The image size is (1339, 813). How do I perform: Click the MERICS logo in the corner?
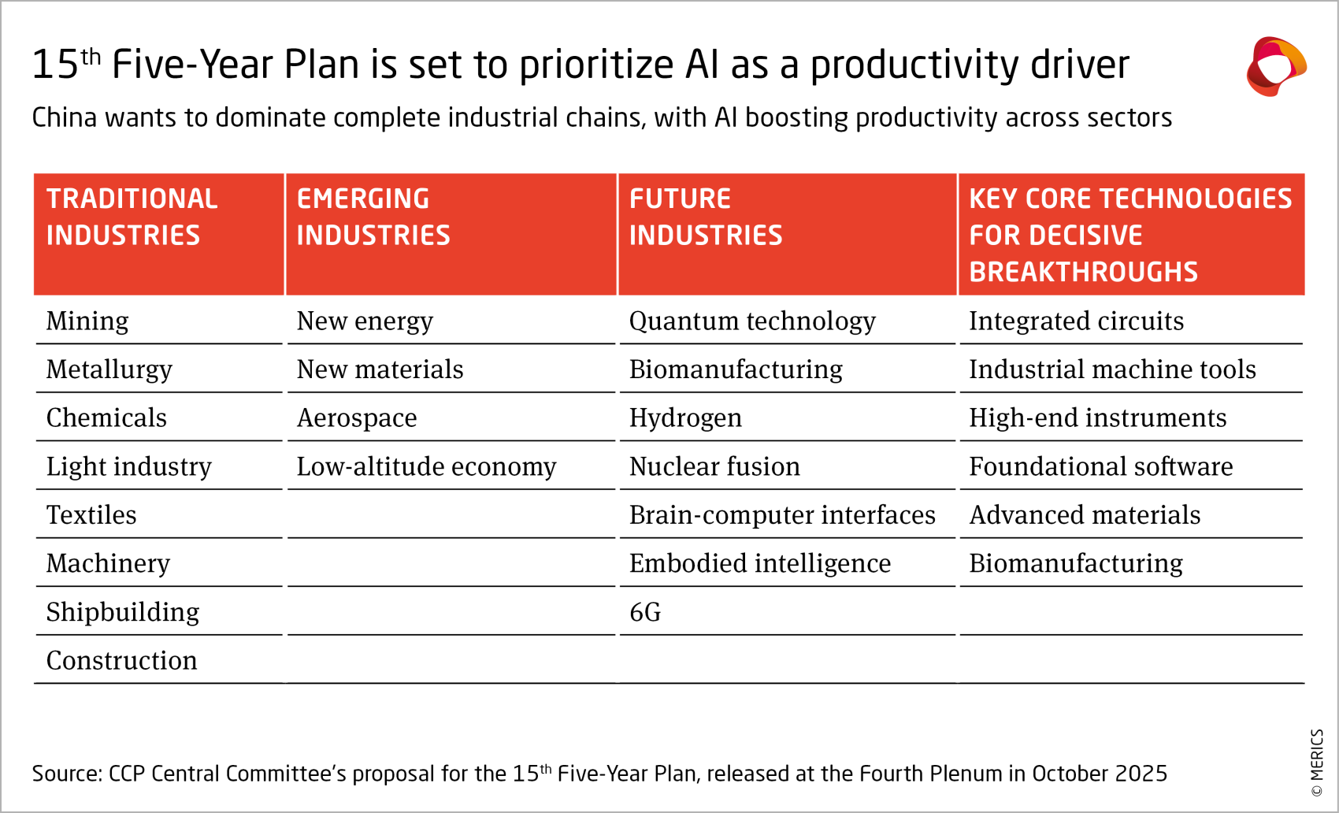point(1276,66)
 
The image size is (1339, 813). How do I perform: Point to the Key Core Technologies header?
point(1129,234)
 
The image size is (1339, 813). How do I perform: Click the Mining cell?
point(87,321)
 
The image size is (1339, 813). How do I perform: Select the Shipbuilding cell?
point(123,612)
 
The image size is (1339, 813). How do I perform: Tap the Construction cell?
point(122,661)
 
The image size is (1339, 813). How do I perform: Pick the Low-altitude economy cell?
point(426,467)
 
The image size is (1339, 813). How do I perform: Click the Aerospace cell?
point(357,418)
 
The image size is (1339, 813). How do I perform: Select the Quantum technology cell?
point(752,321)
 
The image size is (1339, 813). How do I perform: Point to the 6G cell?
point(645,612)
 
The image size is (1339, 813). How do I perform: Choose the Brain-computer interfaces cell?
point(782,515)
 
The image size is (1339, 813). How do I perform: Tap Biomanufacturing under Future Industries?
point(736,369)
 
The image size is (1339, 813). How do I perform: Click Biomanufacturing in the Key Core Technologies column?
point(1075,564)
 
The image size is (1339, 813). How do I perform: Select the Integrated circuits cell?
point(1076,321)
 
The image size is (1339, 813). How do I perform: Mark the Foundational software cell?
point(1100,467)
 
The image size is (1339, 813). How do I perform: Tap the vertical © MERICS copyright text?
point(1317,763)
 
